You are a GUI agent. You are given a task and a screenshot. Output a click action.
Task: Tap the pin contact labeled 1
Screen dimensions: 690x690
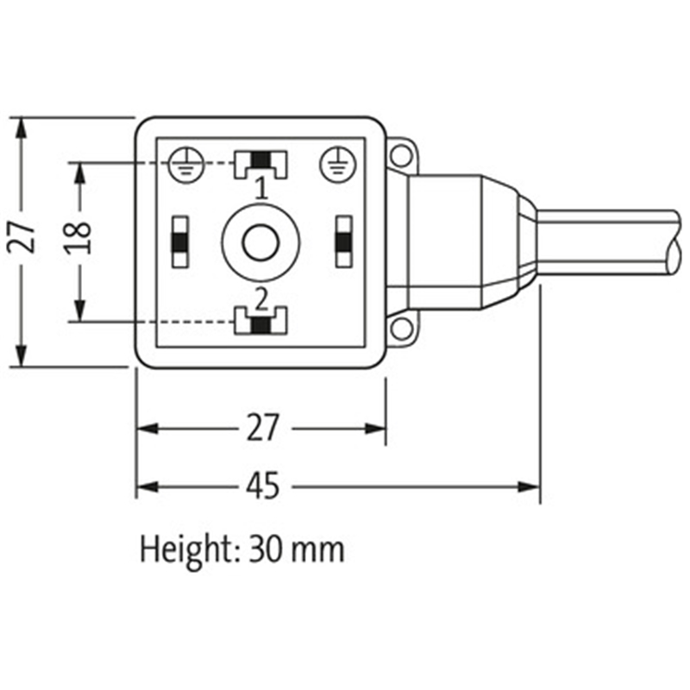click(260, 160)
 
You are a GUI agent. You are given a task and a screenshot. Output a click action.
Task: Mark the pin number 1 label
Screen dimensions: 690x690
click(260, 186)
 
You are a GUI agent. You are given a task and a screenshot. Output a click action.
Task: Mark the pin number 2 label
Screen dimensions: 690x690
click(260, 299)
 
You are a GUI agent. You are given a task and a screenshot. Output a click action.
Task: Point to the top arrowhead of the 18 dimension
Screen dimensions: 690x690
click(79, 170)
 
